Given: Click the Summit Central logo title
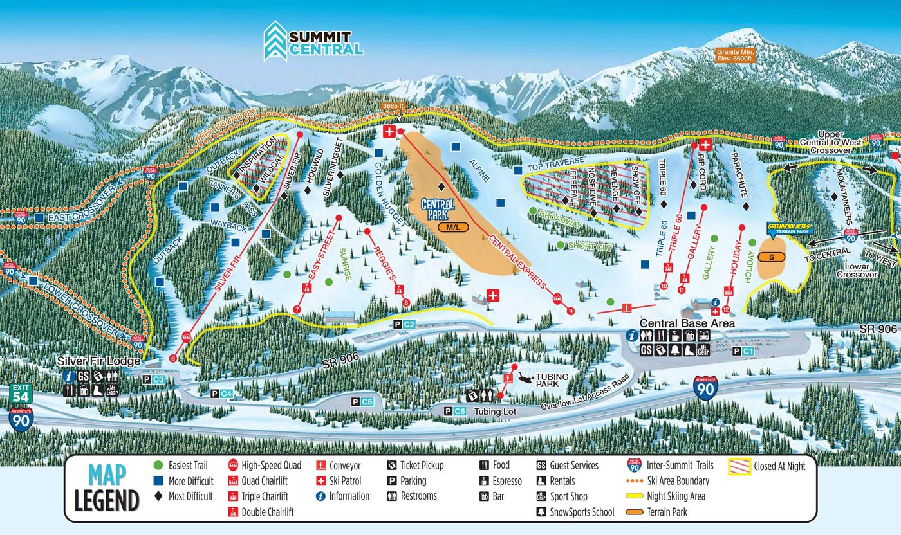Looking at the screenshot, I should (314, 41).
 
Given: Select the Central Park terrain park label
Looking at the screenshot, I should (438, 209).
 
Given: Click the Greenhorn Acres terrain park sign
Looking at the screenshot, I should (790, 228).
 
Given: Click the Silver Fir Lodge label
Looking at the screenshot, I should (98, 361).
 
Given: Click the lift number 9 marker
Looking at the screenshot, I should (571, 312).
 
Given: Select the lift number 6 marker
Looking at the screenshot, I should (172, 358).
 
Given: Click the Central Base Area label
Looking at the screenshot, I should (686, 323).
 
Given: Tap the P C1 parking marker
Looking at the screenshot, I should (743, 351).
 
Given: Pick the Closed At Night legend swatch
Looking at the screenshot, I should (739, 466).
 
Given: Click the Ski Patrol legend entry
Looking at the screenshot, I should (339, 481).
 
